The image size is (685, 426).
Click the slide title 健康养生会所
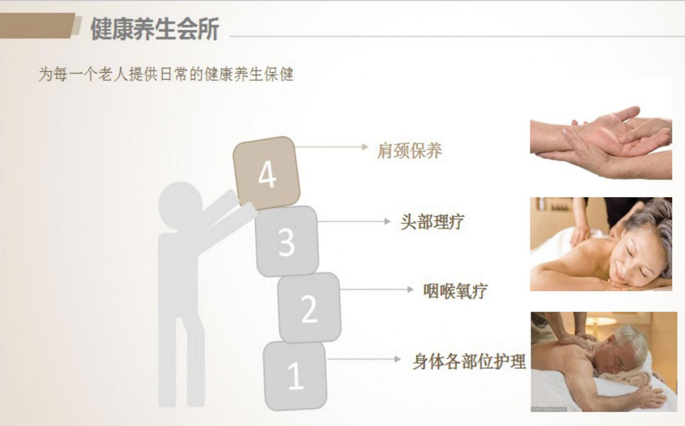tap(155, 29)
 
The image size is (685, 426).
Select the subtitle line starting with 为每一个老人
tap(166, 75)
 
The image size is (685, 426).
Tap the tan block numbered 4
tap(266, 173)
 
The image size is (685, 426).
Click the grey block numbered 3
tap(287, 241)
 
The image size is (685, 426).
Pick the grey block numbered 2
tap(309, 308)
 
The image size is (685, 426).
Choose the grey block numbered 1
tap(295, 376)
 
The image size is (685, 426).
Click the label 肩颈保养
tap(409, 151)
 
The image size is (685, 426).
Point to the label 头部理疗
tap(432, 222)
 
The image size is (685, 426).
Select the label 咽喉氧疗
tap(455, 291)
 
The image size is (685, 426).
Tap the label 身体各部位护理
tap(469, 362)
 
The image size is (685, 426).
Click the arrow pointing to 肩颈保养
tap(332, 147)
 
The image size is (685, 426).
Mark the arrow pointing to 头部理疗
tap(354, 222)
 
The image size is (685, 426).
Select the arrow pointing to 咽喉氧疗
tap(377, 289)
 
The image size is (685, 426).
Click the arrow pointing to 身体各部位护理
tap(364, 359)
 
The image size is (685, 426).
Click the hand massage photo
tap(601, 142)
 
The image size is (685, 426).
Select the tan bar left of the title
tap(40, 25)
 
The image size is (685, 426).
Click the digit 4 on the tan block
tap(267, 174)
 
